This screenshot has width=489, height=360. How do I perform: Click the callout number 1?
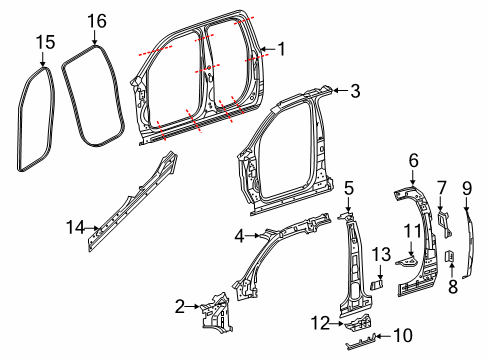tap(281, 47)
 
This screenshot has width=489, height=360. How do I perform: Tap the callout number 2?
tap(179, 306)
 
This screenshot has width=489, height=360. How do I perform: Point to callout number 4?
tap(239, 236)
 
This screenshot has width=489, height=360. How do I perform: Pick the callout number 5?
tap(349, 187)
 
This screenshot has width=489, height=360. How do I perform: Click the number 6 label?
tap(413, 159)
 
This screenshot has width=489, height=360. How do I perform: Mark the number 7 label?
tap(441, 187)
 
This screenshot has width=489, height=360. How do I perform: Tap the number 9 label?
tap(466, 187)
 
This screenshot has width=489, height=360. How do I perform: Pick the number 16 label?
tap(96, 21)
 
